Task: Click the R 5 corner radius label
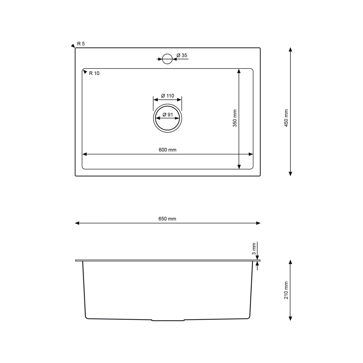[81, 44]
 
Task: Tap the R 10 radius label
[94, 73]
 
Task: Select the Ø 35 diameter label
[182, 55]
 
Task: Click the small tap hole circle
[167, 59]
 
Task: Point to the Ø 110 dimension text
[168, 96]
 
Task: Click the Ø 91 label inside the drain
[168, 115]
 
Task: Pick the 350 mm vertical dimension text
[235, 118]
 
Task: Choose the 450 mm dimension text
[286, 118]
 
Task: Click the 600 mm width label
[168, 150]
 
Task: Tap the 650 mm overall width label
[167, 219]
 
